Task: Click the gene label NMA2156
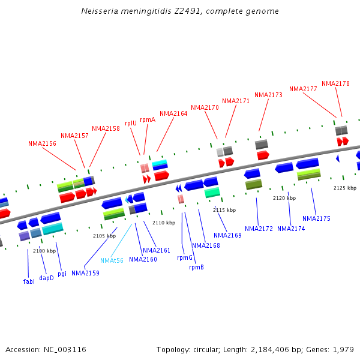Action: (x=42, y=143)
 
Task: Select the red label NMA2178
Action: (x=335, y=83)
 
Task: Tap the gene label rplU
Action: (x=131, y=123)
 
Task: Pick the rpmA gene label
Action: (x=148, y=119)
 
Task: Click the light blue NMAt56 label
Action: (x=112, y=260)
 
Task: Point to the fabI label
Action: (x=29, y=281)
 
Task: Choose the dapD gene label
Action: (x=46, y=278)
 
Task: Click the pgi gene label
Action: (x=62, y=274)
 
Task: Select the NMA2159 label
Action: (x=85, y=273)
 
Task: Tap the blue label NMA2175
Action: (x=316, y=218)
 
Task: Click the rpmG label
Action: (x=185, y=257)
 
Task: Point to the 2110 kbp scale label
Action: (x=164, y=223)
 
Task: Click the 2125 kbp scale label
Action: (x=345, y=188)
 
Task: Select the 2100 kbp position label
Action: (x=44, y=251)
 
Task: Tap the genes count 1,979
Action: (x=342, y=349)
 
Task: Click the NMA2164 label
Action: (x=173, y=113)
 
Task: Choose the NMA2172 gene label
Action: (x=259, y=229)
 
